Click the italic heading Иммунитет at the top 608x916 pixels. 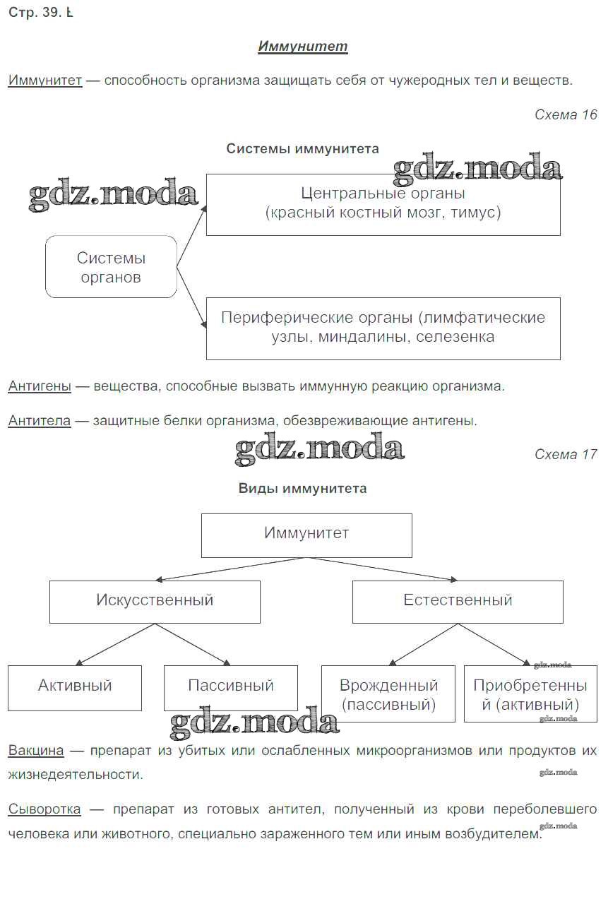point(303,47)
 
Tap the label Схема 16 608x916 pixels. point(566,114)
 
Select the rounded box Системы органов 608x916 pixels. point(111,267)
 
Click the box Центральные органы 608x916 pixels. point(383,204)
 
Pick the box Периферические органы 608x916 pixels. point(383,328)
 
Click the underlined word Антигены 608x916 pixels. point(40,386)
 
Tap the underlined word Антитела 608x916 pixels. point(40,421)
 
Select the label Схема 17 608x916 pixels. point(566,454)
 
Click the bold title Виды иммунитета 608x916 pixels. point(302,489)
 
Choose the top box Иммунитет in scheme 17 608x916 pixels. point(306,535)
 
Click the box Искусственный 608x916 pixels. point(155,602)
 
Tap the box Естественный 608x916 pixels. point(458,602)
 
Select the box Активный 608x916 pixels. point(75,687)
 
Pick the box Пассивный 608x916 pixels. point(230,687)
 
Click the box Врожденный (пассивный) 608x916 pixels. point(388,694)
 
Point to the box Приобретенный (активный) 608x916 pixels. point(530,694)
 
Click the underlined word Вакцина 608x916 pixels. point(36,750)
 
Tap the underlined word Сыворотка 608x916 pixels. point(44,809)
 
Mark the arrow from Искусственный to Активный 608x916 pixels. point(115,645)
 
